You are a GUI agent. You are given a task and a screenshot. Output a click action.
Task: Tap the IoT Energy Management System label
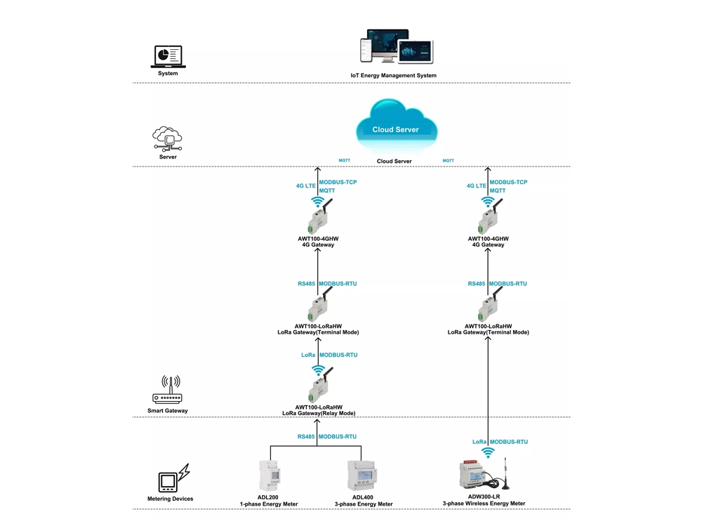[x=393, y=75]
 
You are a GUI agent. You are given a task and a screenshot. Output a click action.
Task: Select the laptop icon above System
[x=168, y=56]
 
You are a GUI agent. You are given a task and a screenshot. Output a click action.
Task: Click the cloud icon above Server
[x=168, y=139]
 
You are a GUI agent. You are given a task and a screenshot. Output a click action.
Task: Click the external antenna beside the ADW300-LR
[x=507, y=475]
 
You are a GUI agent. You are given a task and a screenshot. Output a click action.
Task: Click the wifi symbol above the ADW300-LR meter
[x=488, y=452]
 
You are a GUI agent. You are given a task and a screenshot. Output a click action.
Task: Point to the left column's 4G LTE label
[x=305, y=186]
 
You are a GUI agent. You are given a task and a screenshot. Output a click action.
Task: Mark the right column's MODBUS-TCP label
[x=508, y=182]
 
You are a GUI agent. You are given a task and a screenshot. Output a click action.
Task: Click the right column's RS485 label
[x=476, y=284]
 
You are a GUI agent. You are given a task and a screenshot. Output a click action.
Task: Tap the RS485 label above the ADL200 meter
[x=305, y=436]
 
